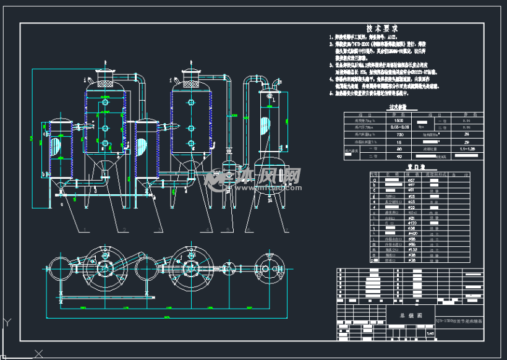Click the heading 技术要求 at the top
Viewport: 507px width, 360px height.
tap(381, 28)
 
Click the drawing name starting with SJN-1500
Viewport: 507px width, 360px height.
tap(461, 322)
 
